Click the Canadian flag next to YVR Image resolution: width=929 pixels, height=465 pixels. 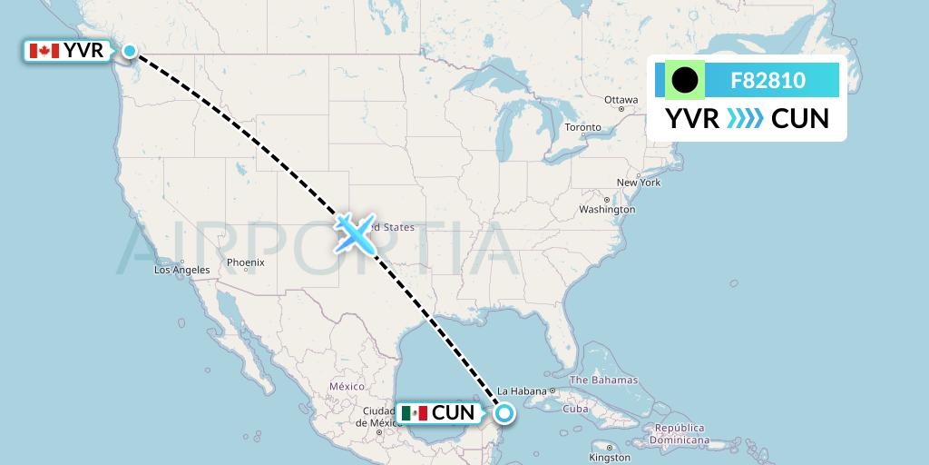[x=44, y=51]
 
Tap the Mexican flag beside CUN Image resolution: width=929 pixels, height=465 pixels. [x=414, y=413]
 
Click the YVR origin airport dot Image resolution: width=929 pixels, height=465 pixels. [x=131, y=51]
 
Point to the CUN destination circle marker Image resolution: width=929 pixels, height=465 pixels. [x=504, y=413]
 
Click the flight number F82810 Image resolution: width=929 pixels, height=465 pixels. [x=768, y=81]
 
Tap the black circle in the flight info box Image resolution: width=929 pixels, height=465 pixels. [x=685, y=81]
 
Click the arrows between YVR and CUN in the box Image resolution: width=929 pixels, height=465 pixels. [x=745, y=119]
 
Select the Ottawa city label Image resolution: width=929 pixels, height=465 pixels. [x=621, y=100]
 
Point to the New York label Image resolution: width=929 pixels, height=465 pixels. [x=639, y=183]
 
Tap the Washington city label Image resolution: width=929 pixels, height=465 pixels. [x=607, y=210]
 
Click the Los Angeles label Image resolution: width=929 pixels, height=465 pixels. [x=181, y=270]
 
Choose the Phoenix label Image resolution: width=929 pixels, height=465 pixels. [x=245, y=262]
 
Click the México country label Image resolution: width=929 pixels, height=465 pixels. [x=347, y=386]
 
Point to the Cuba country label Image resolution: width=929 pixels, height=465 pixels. [x=576, y=409]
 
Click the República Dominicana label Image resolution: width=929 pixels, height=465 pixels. [x=680, y=432]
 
